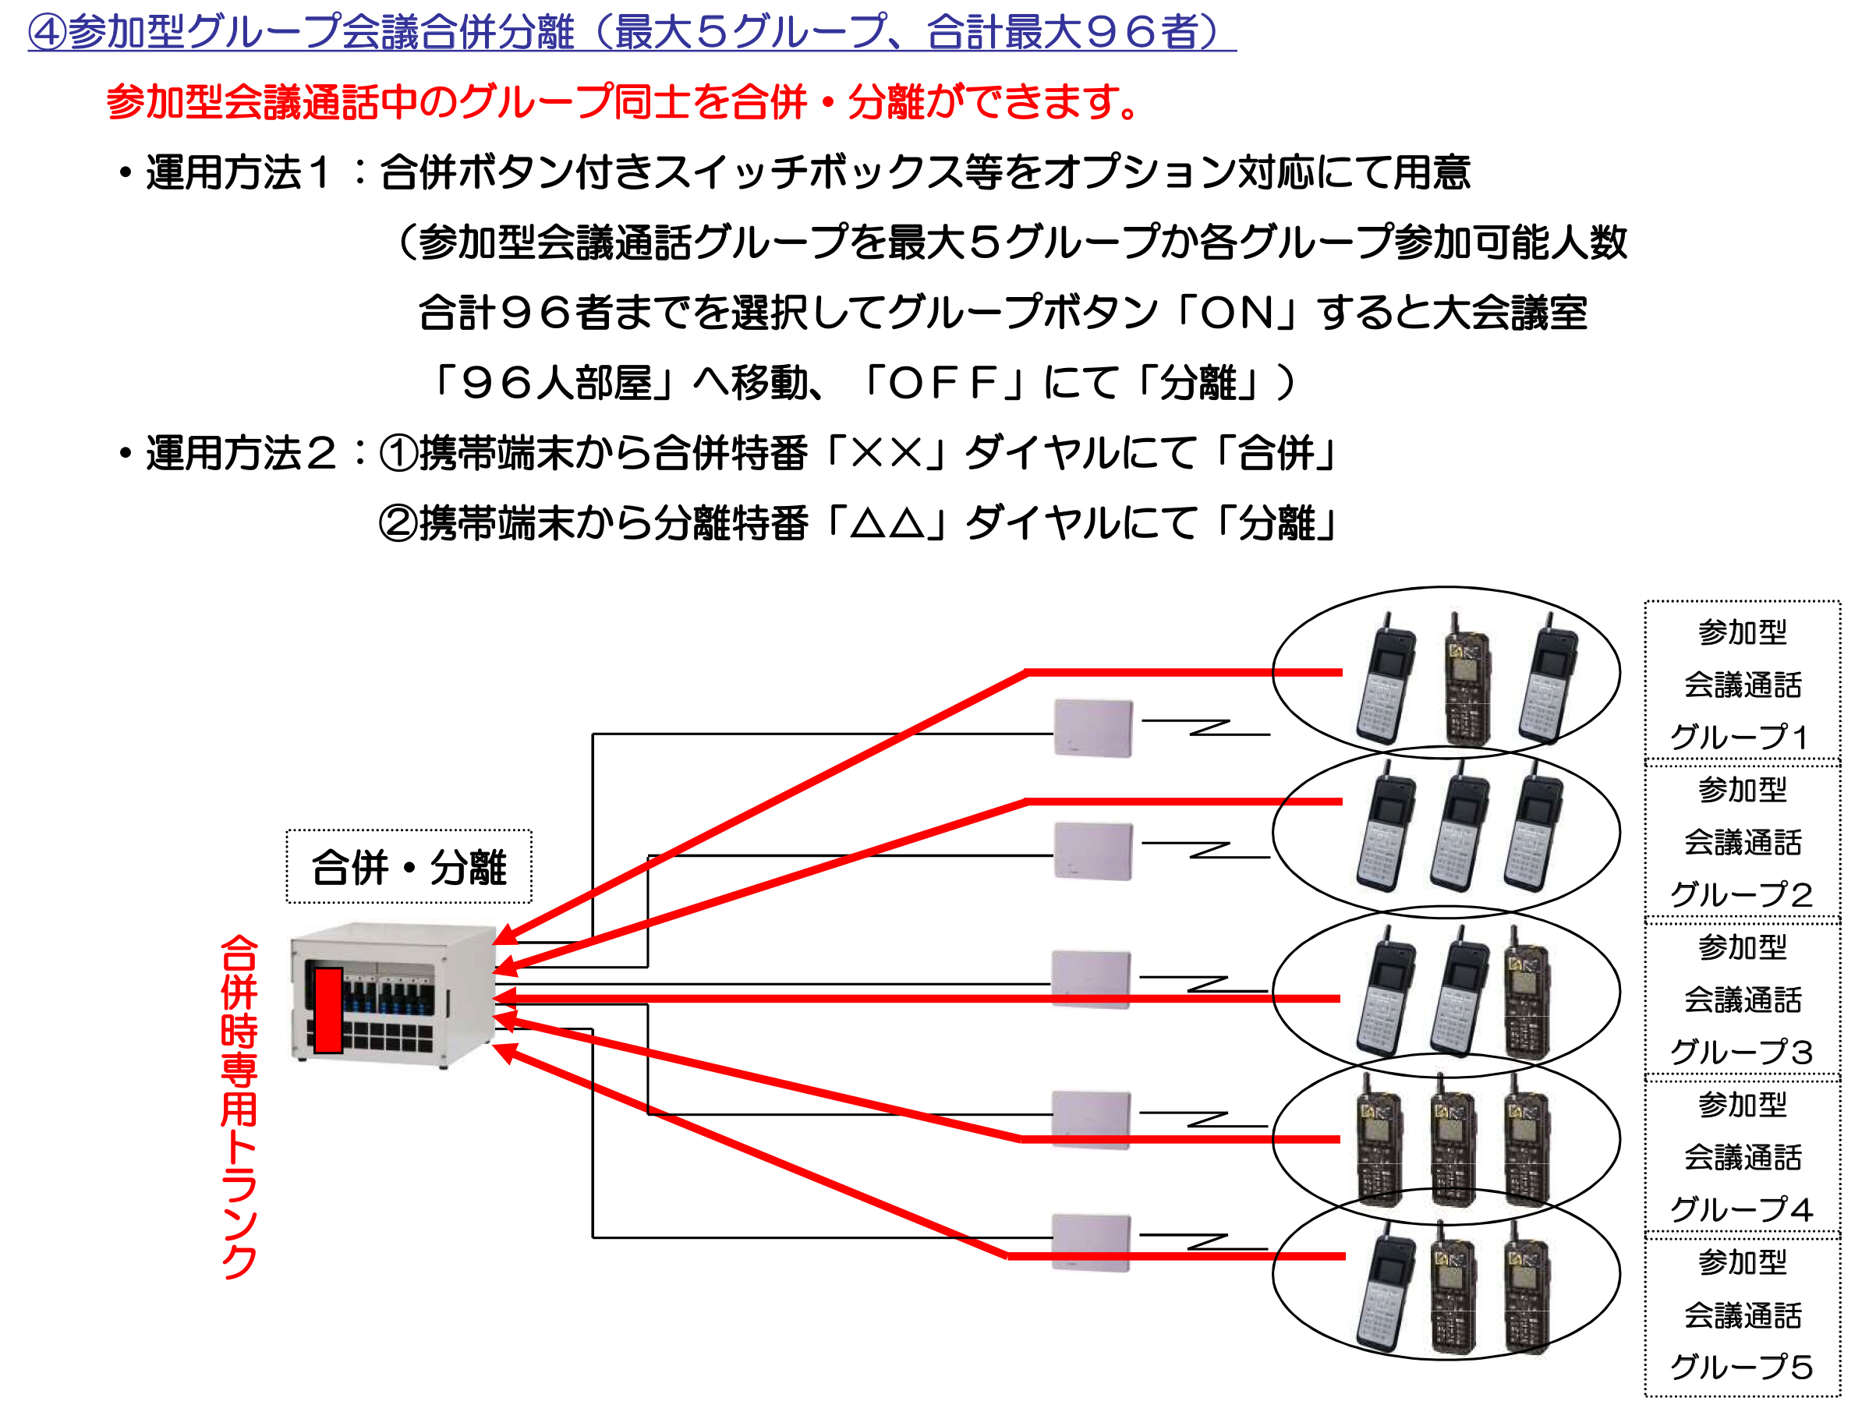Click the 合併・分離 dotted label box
409,867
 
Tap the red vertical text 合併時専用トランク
239,1106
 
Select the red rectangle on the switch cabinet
327,1010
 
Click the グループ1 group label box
1742,683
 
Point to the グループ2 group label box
1742,840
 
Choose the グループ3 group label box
1742,999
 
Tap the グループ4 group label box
1742,1156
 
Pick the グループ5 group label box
1742,1314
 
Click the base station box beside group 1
1092,727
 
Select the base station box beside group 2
1092,851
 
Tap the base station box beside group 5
1091,1242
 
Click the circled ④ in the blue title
48,32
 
